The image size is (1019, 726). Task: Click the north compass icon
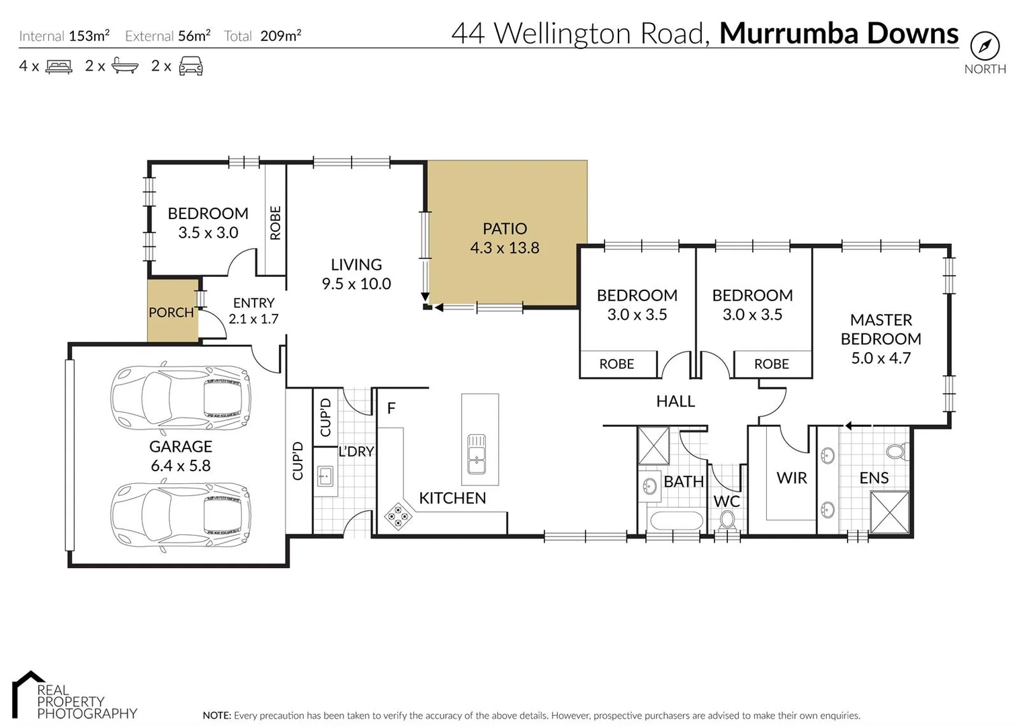tap(985, 46)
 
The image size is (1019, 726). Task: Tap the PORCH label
tap(171, 313)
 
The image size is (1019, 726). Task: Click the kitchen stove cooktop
tap(397, 516)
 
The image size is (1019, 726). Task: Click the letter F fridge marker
tap(391, 408)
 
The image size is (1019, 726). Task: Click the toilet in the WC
tap(727, 520)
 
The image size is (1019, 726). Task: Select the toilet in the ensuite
tap(896, 450)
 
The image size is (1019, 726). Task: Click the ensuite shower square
tap(889, 512)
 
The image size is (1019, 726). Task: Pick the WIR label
tap(791, 478)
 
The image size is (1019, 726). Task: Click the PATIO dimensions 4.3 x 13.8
tap(504, 248)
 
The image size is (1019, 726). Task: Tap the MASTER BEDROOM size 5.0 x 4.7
tap(881, 358)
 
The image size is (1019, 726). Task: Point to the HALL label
tap(675, 401)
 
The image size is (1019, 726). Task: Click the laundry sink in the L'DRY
tap(325, 477)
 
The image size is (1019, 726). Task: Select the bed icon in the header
tap(58, 67)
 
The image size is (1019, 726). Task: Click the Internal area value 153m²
tap(89, 36)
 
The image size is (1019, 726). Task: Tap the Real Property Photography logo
tap(74, 696)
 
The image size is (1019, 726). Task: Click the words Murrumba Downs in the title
tap(838, 33)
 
